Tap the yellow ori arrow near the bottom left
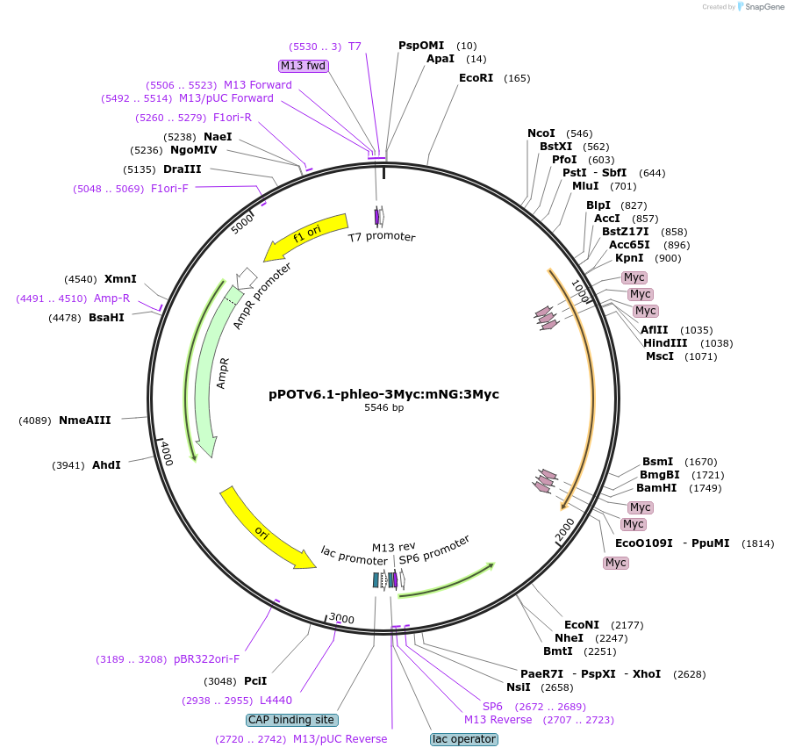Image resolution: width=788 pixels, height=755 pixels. click(x=264, y=530)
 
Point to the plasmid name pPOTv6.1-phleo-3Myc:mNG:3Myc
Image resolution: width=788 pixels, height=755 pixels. click(x=383, y=394)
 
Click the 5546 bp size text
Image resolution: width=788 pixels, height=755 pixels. click(x=384, y=407)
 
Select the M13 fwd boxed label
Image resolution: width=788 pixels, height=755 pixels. click(x=303, y=66)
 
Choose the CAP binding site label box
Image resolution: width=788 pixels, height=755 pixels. click(x=291, y=720)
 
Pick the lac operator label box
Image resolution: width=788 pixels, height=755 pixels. click(x=464, y=739)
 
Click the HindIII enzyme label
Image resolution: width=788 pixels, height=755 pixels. click(x=665, y=343)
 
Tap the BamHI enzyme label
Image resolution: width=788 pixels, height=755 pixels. click(x=657, y=488)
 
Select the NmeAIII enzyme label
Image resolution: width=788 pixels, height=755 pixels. click(x=84, y=421)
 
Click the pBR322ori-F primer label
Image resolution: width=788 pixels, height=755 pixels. click(x=206, y=659)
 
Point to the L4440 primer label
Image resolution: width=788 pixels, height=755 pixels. click(x=276, y=701)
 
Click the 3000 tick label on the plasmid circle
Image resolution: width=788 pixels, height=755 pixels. click(x=341, y=619)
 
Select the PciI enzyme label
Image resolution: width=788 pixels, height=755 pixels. click(x=255, y=680)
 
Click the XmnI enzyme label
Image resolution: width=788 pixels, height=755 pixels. click(x=120, y=279)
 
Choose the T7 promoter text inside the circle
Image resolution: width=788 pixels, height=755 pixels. click(x=382, y=237)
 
